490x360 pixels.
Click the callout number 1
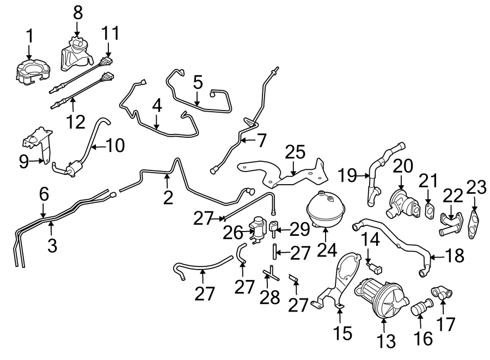pyautogui.click(x=30, y=36)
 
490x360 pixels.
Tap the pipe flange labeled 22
pyautogui.click(x=450, y=223)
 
